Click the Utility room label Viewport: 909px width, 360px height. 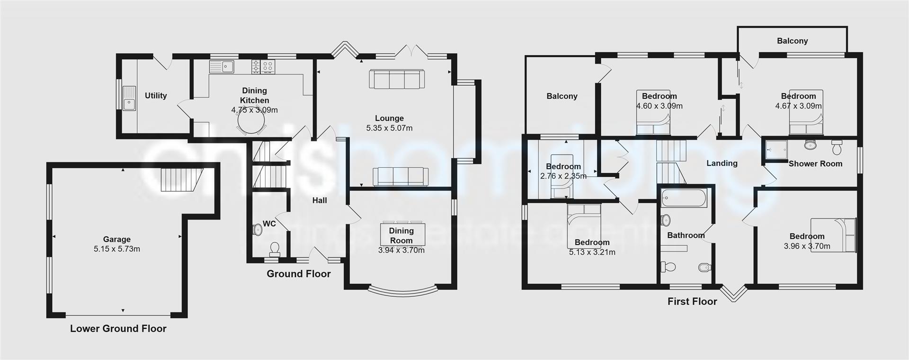(x=156, y=96)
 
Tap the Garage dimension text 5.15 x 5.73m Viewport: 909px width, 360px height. (x=117, y=249)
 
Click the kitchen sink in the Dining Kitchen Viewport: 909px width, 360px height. (x=222, y=67)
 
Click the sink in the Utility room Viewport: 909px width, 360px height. (x=128, y=99)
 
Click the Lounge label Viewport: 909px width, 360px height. (x=389, y=118)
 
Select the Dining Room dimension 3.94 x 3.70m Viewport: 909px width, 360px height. (x=401, y=251)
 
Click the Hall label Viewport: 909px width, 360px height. (x=320, y=200)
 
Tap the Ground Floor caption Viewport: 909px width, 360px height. (x=298, y=274)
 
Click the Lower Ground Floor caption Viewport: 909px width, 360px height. (x=118, y=329)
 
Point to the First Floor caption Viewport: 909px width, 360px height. (x=692, y=301)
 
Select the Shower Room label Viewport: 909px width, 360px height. (x=815, y=164)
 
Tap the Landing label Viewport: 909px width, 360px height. (x=722, y=163)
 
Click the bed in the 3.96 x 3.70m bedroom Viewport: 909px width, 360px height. (x=833, y=234)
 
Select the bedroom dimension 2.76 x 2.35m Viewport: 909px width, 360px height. (x=563, y=176)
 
